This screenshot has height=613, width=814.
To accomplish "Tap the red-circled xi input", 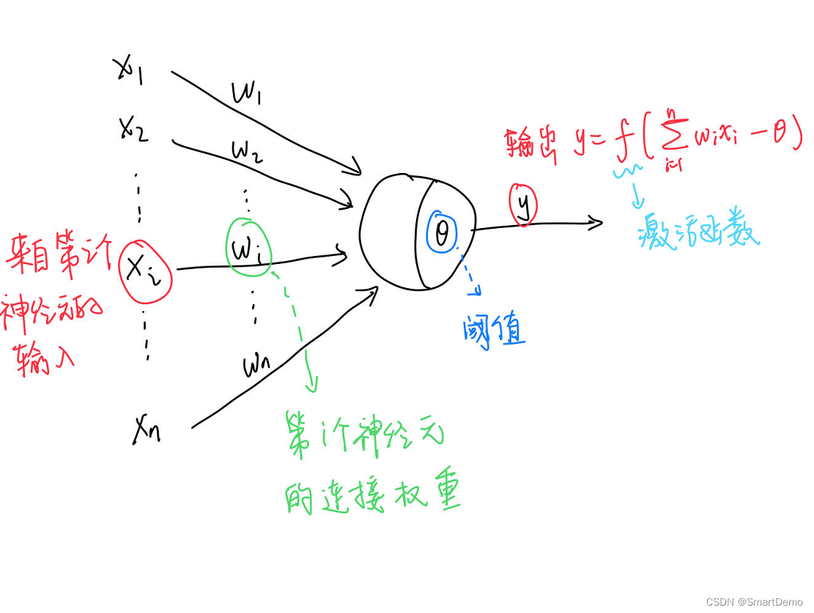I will click(145, 270).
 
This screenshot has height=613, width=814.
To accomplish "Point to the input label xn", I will click(147, 432).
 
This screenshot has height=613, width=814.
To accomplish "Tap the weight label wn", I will click(258, 364).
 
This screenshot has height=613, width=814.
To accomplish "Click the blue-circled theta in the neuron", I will click(442, 234).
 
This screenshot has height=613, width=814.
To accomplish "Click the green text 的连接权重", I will click(371, 497).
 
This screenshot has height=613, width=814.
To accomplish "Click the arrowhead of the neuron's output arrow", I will click(596, 222).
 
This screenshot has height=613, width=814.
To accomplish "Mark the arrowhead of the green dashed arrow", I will click(314, 385).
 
